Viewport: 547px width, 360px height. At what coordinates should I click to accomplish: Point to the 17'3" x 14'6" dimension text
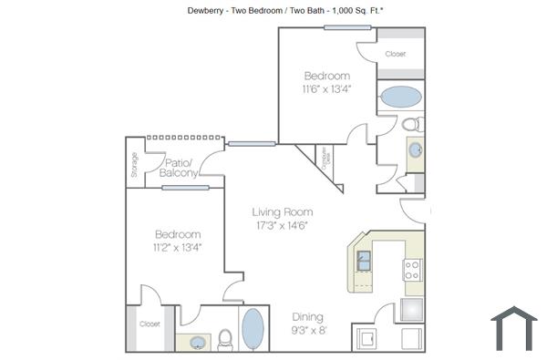283,225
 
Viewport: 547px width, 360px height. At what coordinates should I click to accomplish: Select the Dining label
307,317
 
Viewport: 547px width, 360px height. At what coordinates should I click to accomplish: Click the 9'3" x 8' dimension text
309,331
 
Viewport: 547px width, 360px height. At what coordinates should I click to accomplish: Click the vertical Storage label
135,166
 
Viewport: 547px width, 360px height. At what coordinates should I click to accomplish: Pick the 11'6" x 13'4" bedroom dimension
326,89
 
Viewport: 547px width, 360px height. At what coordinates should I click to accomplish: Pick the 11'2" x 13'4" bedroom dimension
178,246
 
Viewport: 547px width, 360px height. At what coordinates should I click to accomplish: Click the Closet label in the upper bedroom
395,55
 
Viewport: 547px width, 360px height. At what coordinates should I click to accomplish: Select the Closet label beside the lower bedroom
150,324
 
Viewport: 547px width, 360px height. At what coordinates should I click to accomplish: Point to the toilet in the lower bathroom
225,339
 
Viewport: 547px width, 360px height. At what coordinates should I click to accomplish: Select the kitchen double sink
364,261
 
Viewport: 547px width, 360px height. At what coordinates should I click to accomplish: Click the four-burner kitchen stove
412,270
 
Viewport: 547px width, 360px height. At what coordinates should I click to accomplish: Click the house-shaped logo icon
513,328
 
